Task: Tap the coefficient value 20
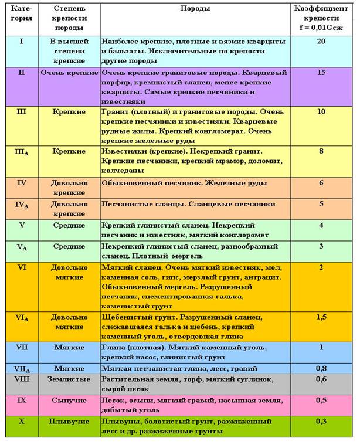tap(321, 42)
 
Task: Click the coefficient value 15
tap(321, 73)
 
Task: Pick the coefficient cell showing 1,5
tap(321, 317)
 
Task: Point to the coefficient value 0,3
tap(321, 421)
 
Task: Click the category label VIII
tap(22, 379)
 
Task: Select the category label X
tap(22, 421)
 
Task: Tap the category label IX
tap(22, 401)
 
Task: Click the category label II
tap(22, 73)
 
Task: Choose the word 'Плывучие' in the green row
tap(69, 421)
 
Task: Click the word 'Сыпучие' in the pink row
tap(69, 401)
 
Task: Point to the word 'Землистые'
tap(69, 379)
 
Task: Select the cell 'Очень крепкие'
tap(69, 73)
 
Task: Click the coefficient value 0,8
tap(321, 368)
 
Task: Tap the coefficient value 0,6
tap(321, 379)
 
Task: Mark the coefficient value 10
tap(321, 111)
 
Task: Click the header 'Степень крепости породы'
tap(69, 18)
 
